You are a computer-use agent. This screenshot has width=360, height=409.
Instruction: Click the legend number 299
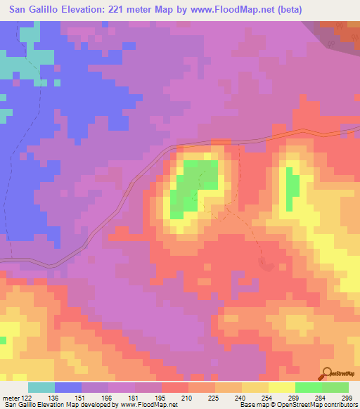[347, 398]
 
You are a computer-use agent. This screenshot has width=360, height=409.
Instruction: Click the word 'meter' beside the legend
[12, 398]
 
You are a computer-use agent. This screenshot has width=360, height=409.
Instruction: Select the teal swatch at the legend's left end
[41, 387]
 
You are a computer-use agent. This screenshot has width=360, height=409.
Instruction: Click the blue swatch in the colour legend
[68, 387]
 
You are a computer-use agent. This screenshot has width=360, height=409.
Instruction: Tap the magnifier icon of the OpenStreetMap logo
[327, 373]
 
